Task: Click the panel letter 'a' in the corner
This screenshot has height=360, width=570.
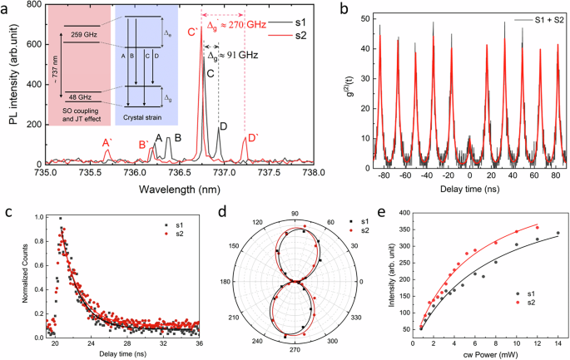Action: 6,7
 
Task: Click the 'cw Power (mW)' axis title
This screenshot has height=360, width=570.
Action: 488,353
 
